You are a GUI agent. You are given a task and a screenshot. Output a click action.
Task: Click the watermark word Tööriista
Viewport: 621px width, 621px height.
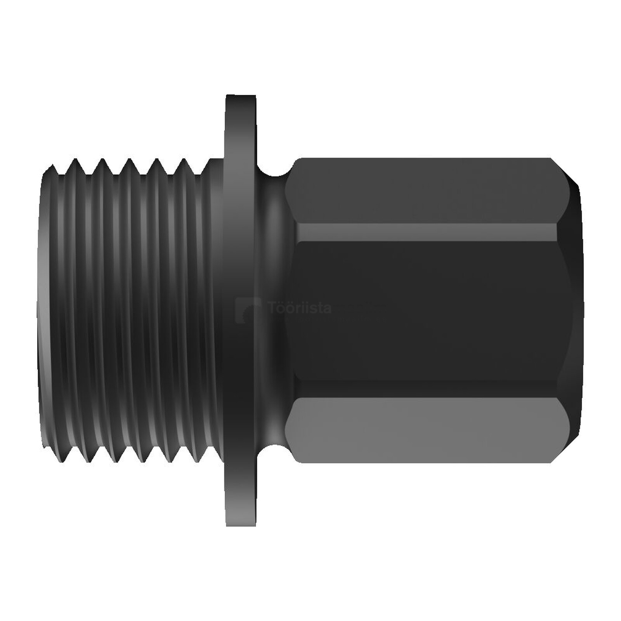click(300, 309)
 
